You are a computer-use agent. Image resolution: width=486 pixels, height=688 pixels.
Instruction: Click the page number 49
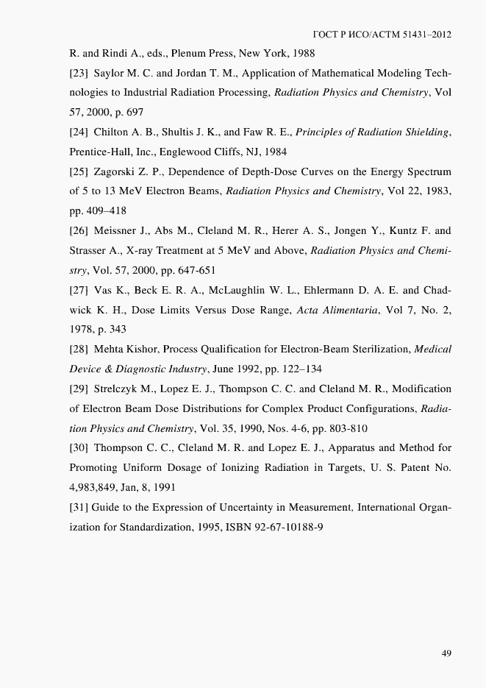coord(446,653)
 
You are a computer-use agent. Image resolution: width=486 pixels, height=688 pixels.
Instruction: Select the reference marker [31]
coord(79,508)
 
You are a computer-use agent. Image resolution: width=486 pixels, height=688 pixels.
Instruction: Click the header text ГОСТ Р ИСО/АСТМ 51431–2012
coord(382,35)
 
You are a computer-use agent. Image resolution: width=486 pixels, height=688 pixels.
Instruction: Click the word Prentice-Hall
coord(99,152)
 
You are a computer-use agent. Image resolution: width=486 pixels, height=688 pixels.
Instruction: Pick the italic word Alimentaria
coord(357,311)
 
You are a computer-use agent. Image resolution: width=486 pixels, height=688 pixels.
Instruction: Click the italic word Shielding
coord(422,132)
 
